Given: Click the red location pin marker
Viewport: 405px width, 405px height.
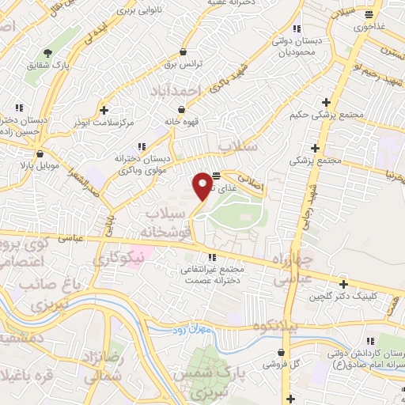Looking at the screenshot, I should click(x=202, y=184).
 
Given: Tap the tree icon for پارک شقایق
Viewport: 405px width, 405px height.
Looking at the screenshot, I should click(x=47, y=53).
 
